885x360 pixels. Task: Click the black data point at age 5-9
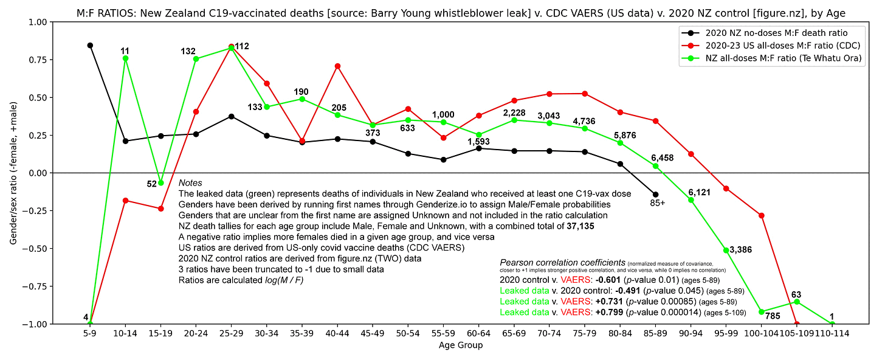[x=90, y=45]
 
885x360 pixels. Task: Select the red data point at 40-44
[x=337, y=66]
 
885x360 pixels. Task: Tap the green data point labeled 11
[x=125, y=58]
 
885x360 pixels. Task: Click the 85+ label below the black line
[x=657, y=203]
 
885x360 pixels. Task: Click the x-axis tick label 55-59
[x=443, y=334]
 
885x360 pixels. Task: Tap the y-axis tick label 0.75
[x=35, y=60]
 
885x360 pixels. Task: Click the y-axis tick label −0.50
[x=33, y=248]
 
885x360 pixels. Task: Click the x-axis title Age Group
[x=461, y=345]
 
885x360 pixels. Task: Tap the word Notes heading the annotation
[x=190, y=183]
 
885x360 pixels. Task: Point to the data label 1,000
[x=443, y=114]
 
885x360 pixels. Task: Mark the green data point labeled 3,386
[x=726, y=250]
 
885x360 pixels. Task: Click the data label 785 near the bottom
[x=772, y=316]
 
